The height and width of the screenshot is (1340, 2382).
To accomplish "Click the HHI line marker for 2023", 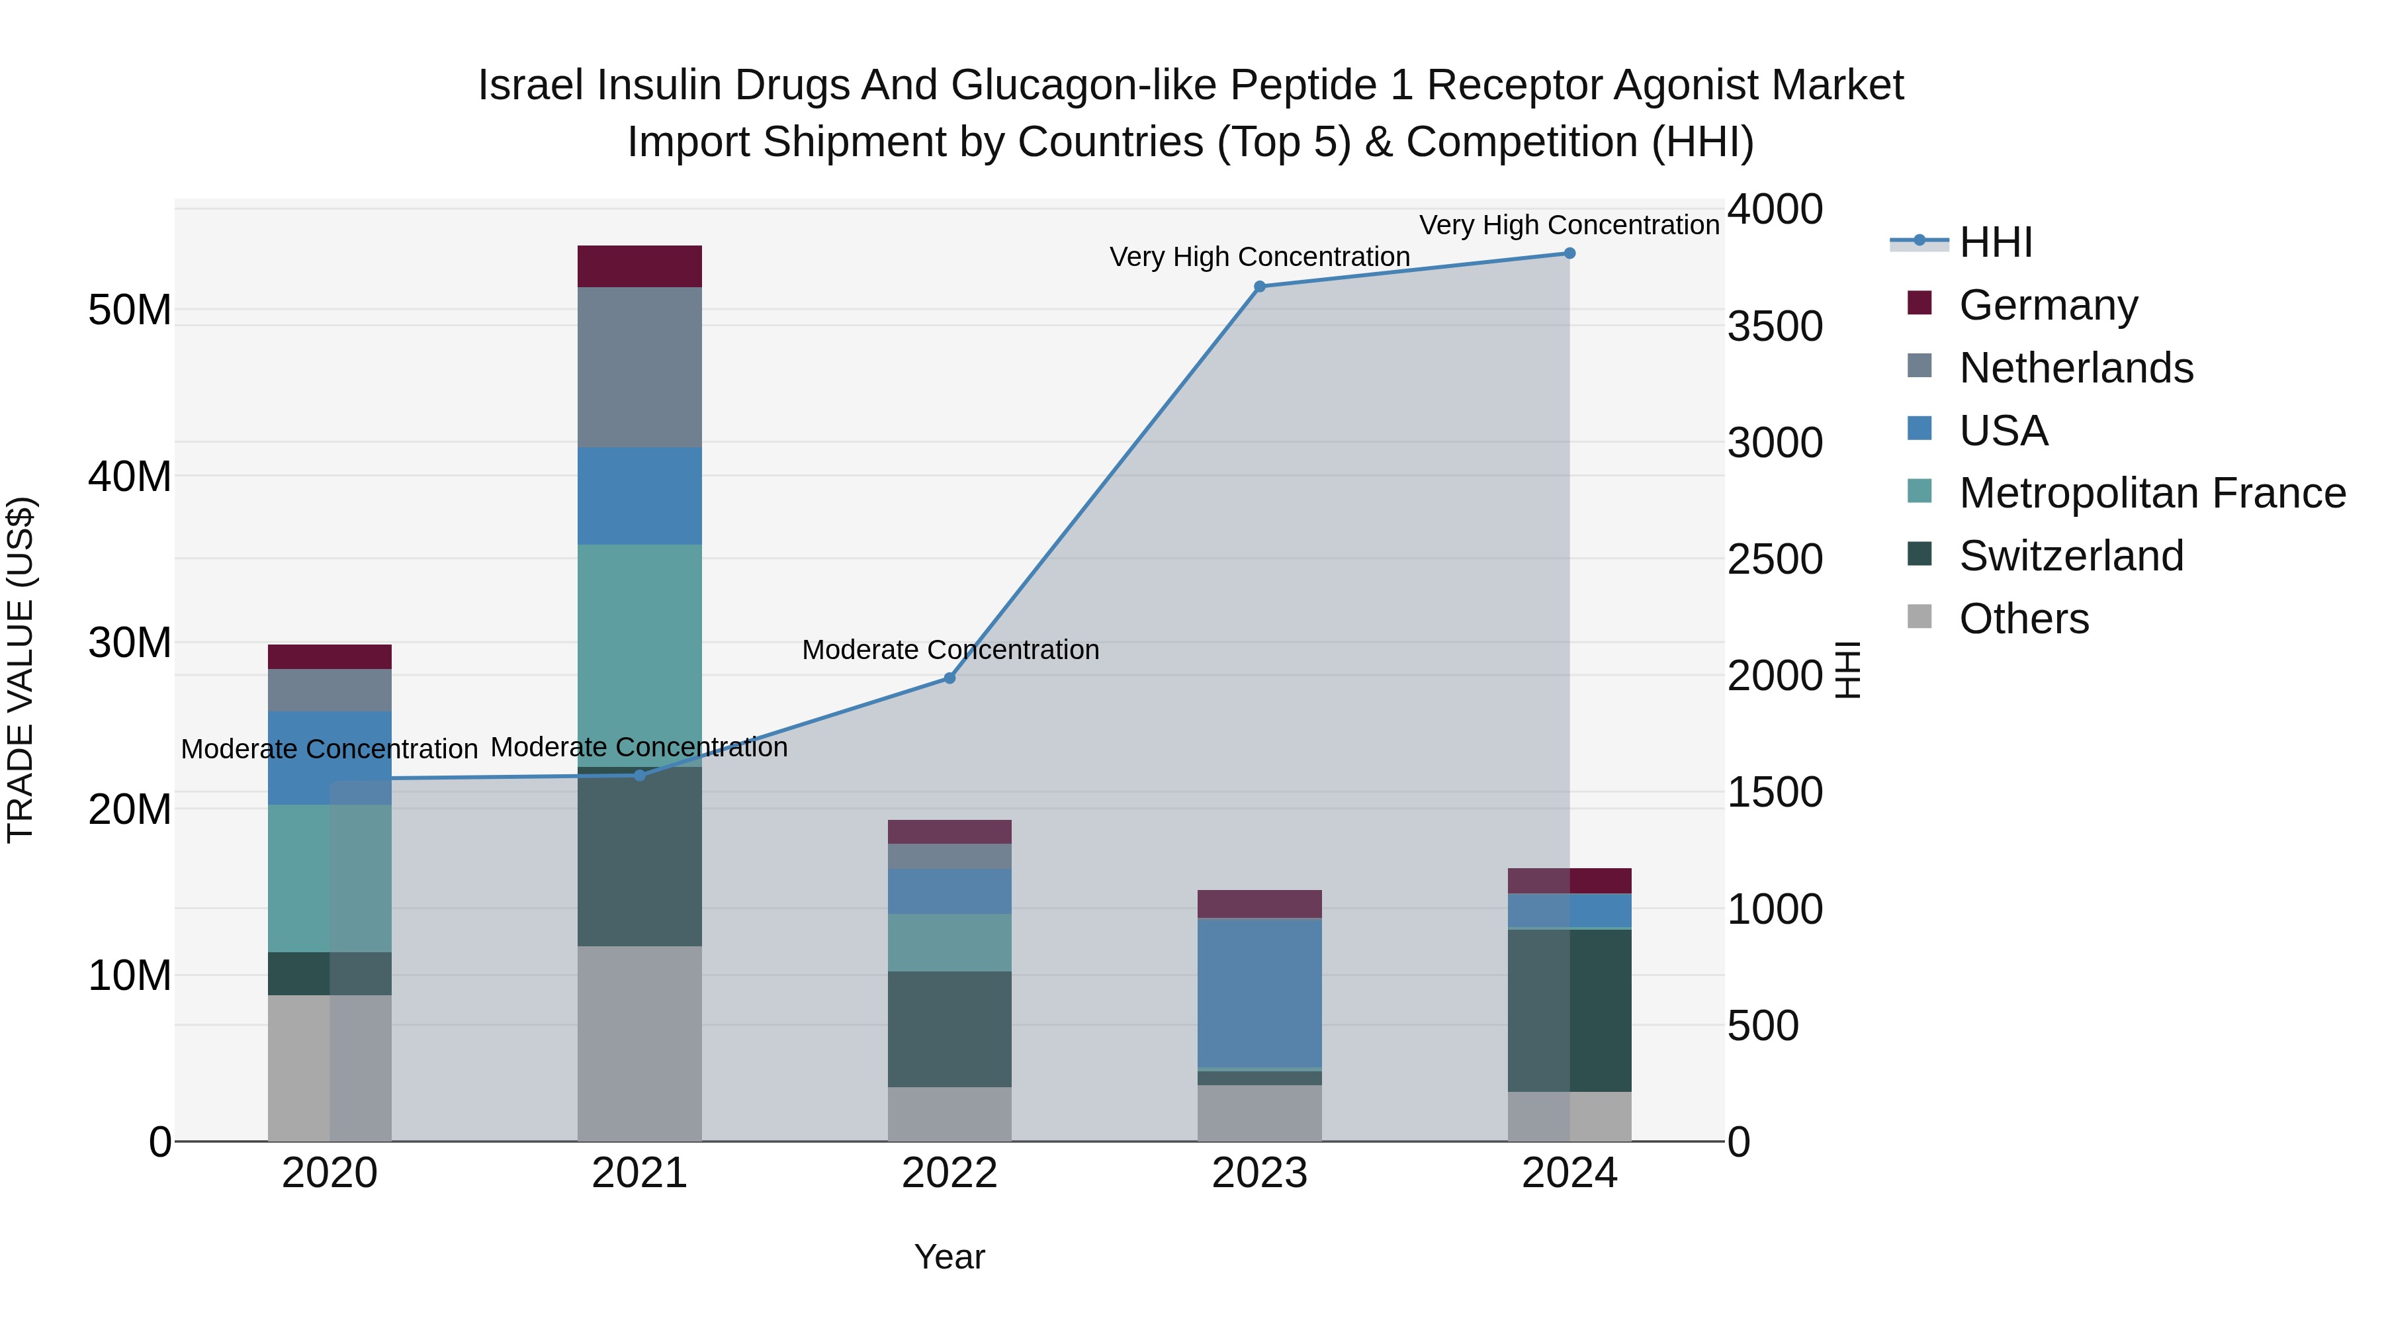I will coord(1258,287).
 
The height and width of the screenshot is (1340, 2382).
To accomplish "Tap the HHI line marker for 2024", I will coord(1569,253).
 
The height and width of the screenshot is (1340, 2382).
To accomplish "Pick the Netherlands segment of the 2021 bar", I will coord(639,367).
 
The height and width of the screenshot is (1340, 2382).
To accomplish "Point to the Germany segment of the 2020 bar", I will coord(330,656).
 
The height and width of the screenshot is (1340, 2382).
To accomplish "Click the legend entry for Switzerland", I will coord(2070,556).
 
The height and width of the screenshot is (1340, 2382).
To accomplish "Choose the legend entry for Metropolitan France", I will coord(2152,493).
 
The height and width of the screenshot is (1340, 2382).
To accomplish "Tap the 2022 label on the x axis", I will coord(949,1173).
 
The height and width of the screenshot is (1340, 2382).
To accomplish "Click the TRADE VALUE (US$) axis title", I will coord(21,670).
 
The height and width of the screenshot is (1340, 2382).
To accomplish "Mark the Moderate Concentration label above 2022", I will coord(949,649).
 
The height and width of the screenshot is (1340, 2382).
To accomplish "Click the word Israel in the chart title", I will coord(532,85).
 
